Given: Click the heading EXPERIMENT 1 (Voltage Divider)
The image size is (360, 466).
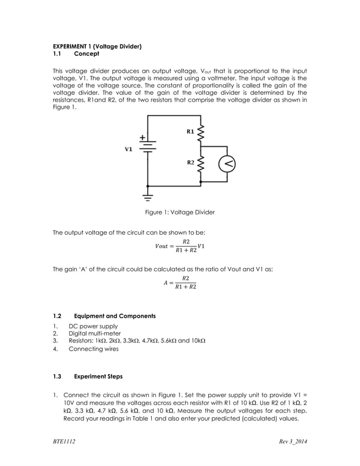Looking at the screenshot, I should [96, 46].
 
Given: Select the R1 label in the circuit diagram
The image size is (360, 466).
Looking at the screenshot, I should [190, 131].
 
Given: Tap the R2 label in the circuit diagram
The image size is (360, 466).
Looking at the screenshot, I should [190, 162].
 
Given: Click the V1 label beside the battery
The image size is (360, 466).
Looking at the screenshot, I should [129, 150].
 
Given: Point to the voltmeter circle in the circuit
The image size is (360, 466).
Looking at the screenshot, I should [226, 164].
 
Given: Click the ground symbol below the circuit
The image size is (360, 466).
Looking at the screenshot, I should [147, 196].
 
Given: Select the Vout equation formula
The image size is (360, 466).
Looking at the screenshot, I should [179, 246].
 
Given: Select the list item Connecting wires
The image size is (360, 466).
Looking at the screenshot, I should [94, 349].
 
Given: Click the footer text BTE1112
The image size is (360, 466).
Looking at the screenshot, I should [64, 441].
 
